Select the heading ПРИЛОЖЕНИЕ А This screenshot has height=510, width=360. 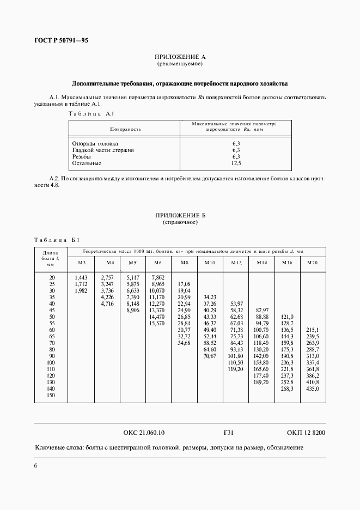[x=180, y=57]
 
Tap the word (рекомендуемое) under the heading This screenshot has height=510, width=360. [x=180, y=64]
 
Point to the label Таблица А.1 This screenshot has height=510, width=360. [x=90, y=113]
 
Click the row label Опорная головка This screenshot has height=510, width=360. [x=95, y=143]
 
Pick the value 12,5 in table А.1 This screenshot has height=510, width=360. [x=236, y=163]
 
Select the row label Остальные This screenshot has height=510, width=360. [x=87, y=163]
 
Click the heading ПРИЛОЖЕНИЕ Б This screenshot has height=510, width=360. [x=180, y=216]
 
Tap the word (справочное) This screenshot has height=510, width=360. [x=180, y=222]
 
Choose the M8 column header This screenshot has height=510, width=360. [x=184, y=263]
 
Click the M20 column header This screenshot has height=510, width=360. [x=312, y=263]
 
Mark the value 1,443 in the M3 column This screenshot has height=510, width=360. [x=81, y=277]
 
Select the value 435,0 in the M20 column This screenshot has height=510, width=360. [x=312, y=388]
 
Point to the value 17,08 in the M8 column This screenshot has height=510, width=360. [x=184, y=284]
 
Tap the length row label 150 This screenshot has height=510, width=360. [x=51, y=395]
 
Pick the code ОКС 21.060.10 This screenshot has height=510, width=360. [x=144, y=433]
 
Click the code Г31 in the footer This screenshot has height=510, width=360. [x=229, y=433]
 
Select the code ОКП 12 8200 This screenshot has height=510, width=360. [x=305, y=433]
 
